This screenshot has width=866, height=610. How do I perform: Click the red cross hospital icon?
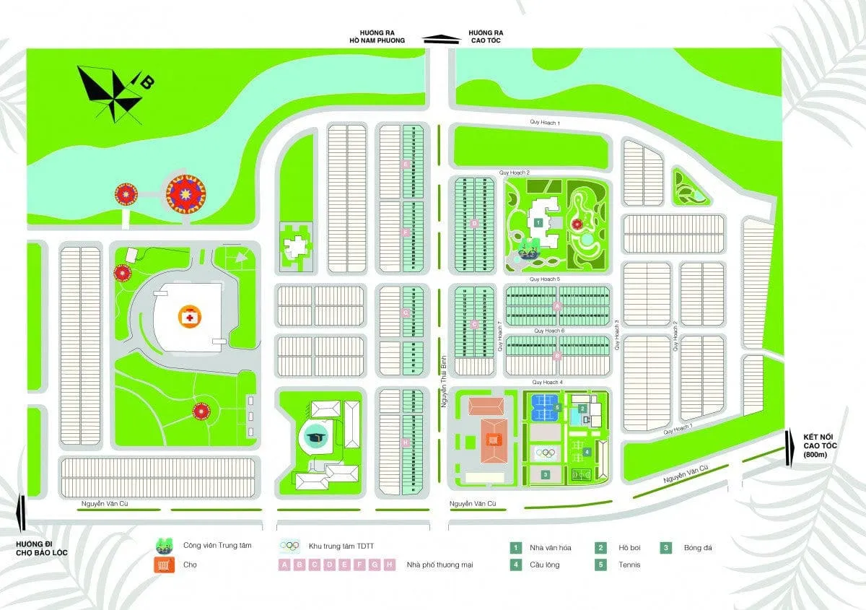(189, 316)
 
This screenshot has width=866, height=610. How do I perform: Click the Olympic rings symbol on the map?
(546, 453)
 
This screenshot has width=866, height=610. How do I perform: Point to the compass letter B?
(146, 82)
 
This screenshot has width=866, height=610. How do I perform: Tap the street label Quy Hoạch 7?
(499, 336)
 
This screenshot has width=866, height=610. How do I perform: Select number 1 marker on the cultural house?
(538, 223)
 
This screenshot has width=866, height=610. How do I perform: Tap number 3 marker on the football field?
(546, 474)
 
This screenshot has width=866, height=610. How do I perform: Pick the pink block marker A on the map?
(556, 307)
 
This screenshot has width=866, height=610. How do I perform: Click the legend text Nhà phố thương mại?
(440, 565)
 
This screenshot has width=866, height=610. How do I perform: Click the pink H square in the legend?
(389, 565)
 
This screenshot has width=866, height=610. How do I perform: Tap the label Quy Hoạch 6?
(550, 331)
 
